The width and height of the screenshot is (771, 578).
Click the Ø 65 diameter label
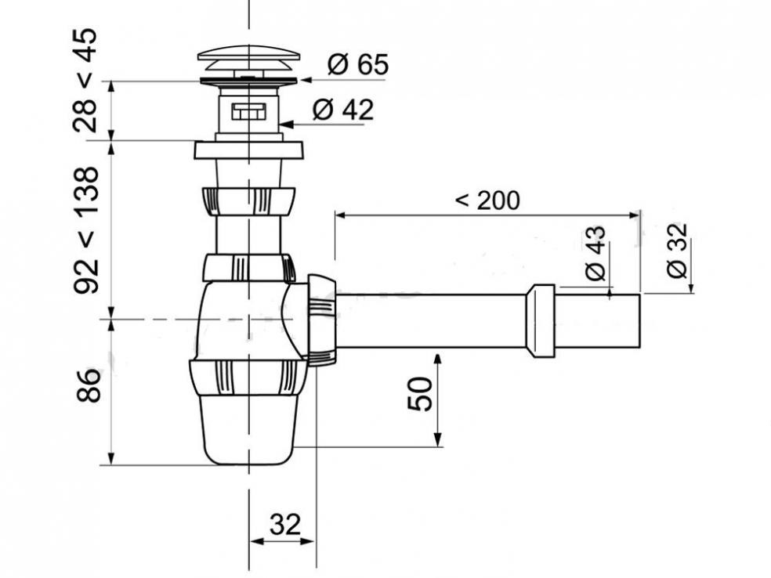358,64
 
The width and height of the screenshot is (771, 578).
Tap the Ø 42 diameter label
343,110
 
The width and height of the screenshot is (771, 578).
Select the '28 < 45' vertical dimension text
85,80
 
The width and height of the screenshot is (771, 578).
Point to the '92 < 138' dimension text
85,229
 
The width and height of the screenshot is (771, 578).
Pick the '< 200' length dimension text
487,200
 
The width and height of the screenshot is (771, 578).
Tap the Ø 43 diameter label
595,253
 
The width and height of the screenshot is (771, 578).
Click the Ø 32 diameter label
677,251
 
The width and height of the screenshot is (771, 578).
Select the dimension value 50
420,393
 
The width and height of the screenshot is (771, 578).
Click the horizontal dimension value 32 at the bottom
284,525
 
